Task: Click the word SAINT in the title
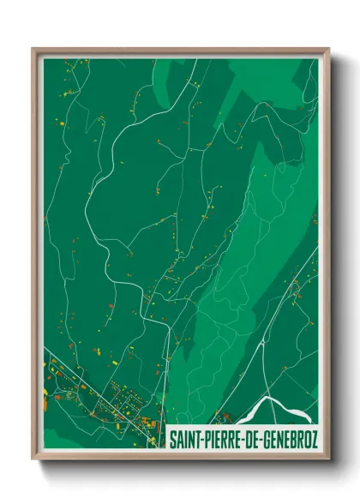(x=183, y=440)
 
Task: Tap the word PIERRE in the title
(x=219, y=440)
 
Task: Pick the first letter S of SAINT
(x=172, y=440)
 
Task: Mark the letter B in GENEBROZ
(x=291, y=440)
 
